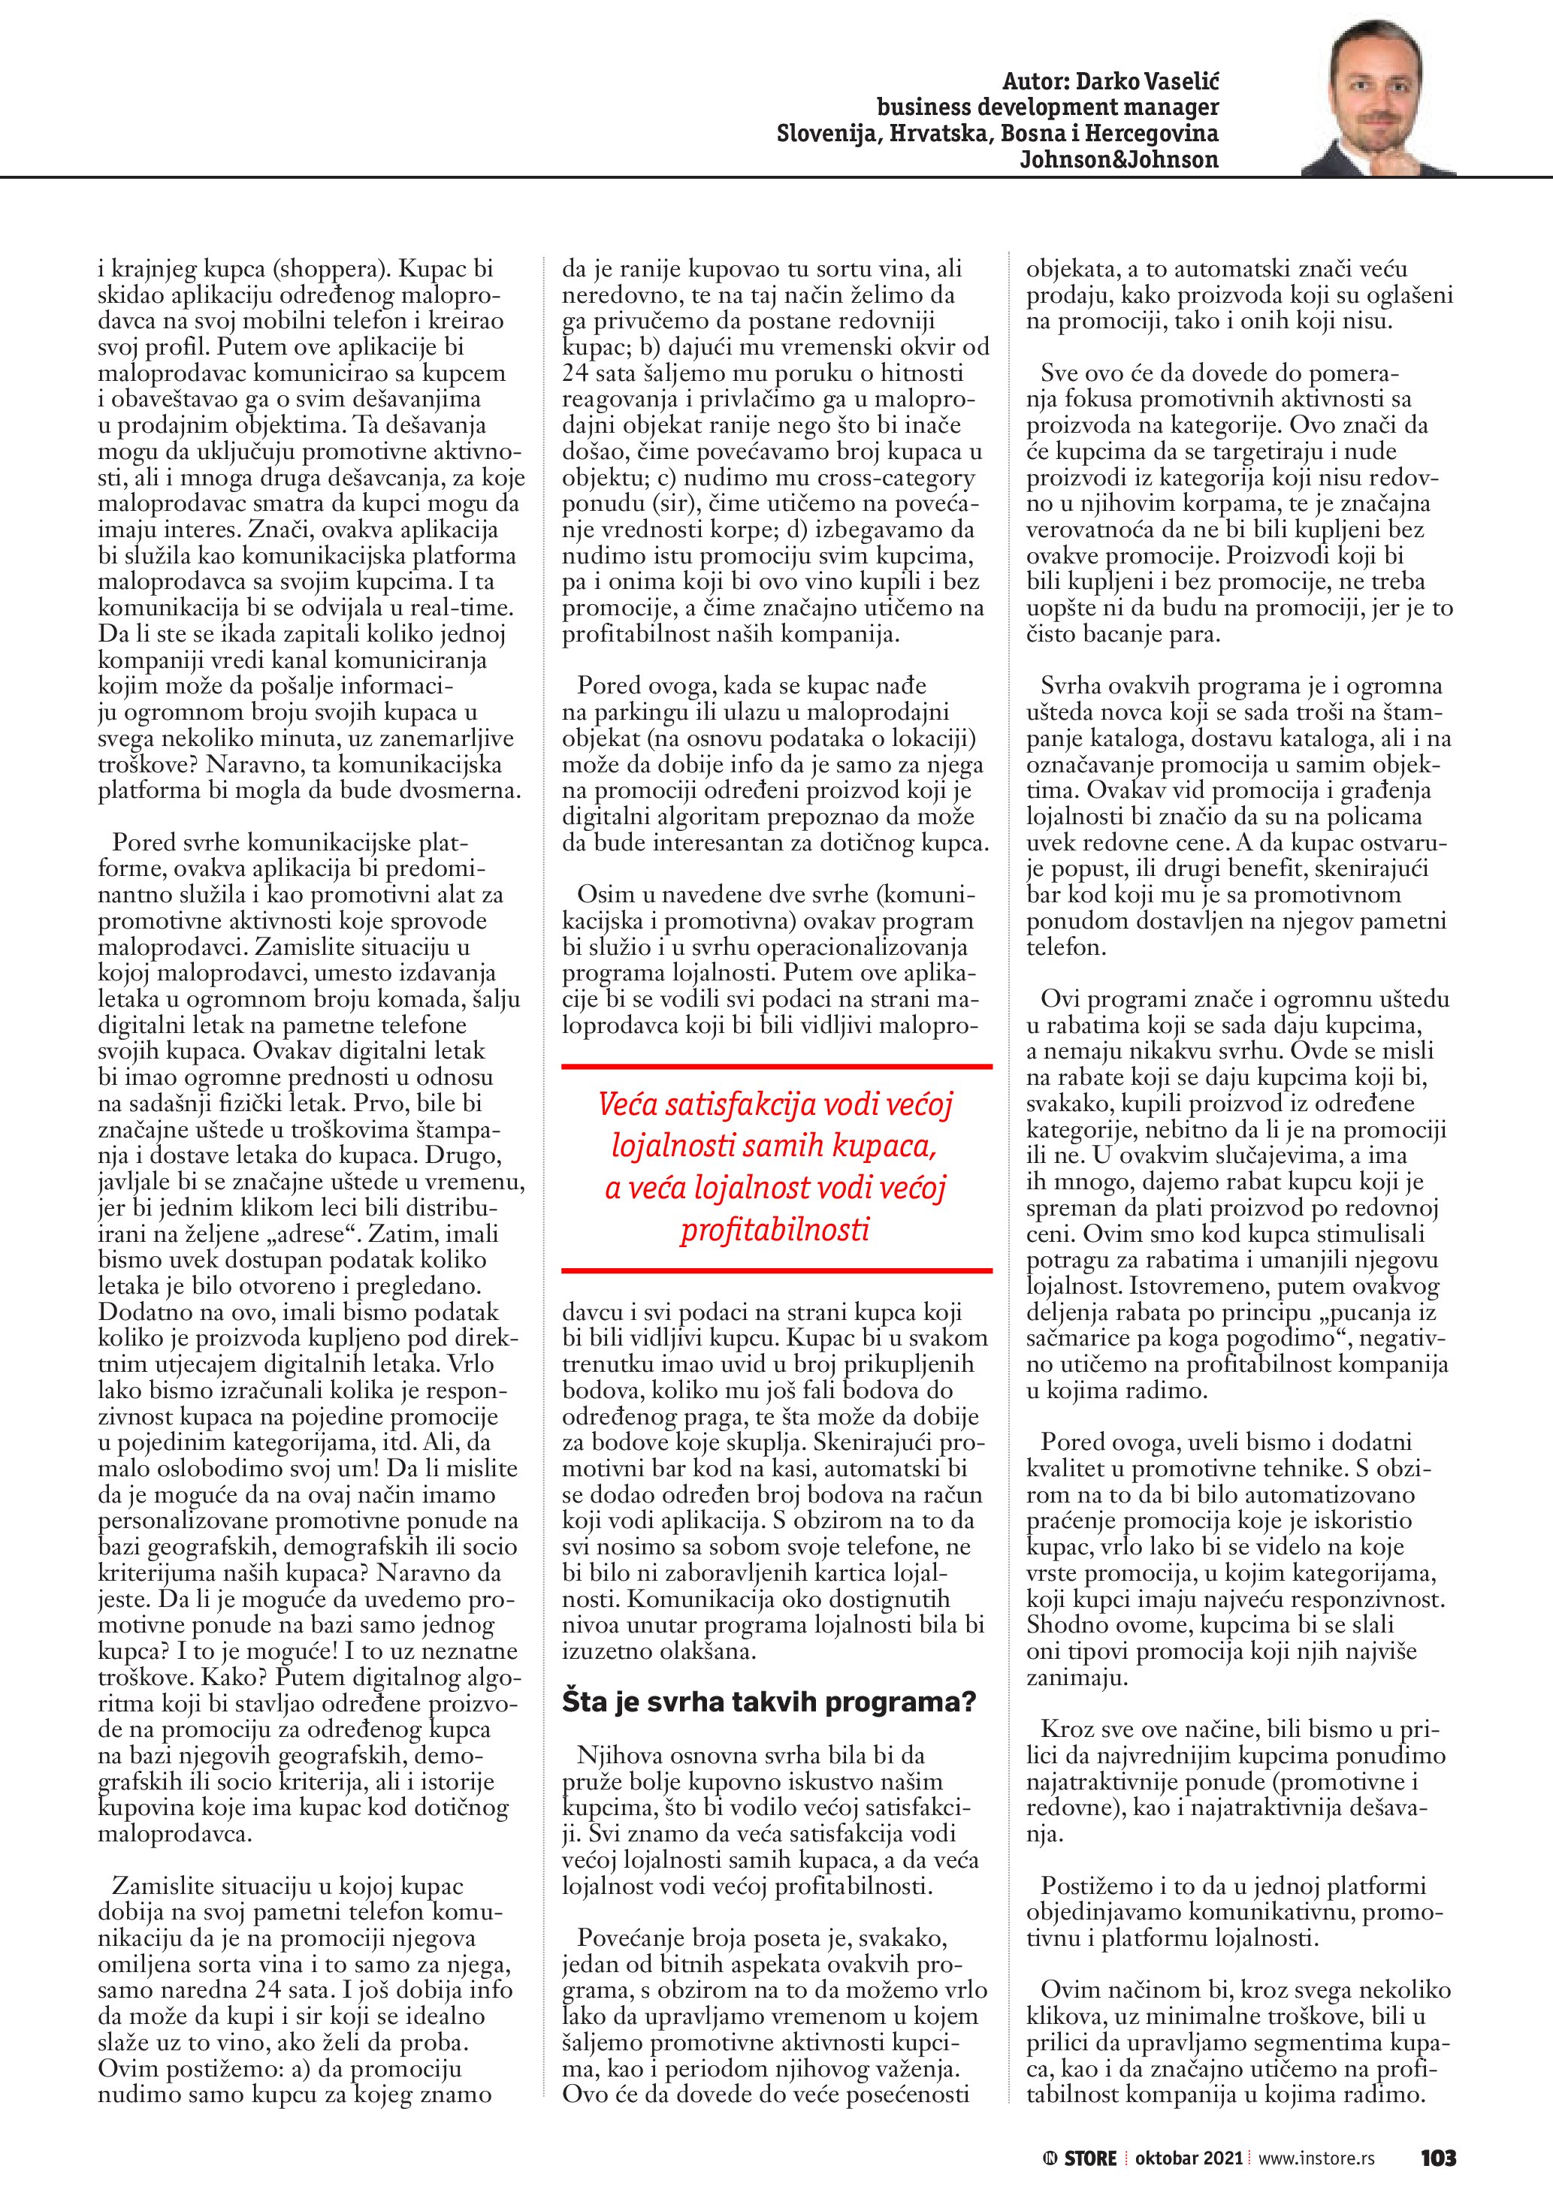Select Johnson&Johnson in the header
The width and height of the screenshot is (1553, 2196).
[x=1118, y=160]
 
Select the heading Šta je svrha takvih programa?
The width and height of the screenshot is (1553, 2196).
[x=768, y=1702]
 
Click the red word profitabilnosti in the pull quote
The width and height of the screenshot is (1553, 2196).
[x=775, y=1229]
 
